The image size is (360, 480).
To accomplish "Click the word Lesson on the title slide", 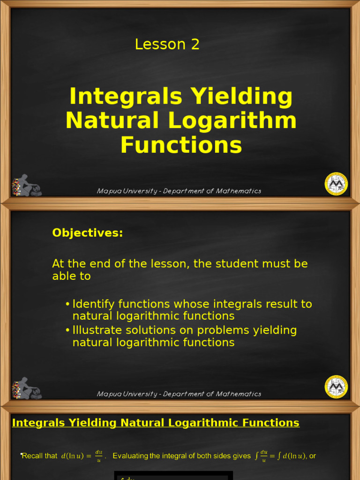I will (154, 45).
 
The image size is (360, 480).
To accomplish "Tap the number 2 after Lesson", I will (195, 45).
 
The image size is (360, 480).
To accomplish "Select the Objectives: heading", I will (88, 233).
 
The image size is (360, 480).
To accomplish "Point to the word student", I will (232, 264).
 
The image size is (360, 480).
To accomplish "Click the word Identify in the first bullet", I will (94, 304).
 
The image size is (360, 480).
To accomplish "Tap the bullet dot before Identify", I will (68, 305).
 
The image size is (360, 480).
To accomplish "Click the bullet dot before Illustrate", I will (68, 331).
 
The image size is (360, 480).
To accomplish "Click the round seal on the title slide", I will (336, 183).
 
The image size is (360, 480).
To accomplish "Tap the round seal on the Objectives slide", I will (336, 387).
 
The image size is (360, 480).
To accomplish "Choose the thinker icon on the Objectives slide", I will (26, 389).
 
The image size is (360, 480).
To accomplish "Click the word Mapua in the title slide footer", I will (108, 191).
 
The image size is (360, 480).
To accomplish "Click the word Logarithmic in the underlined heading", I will (211, 423).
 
